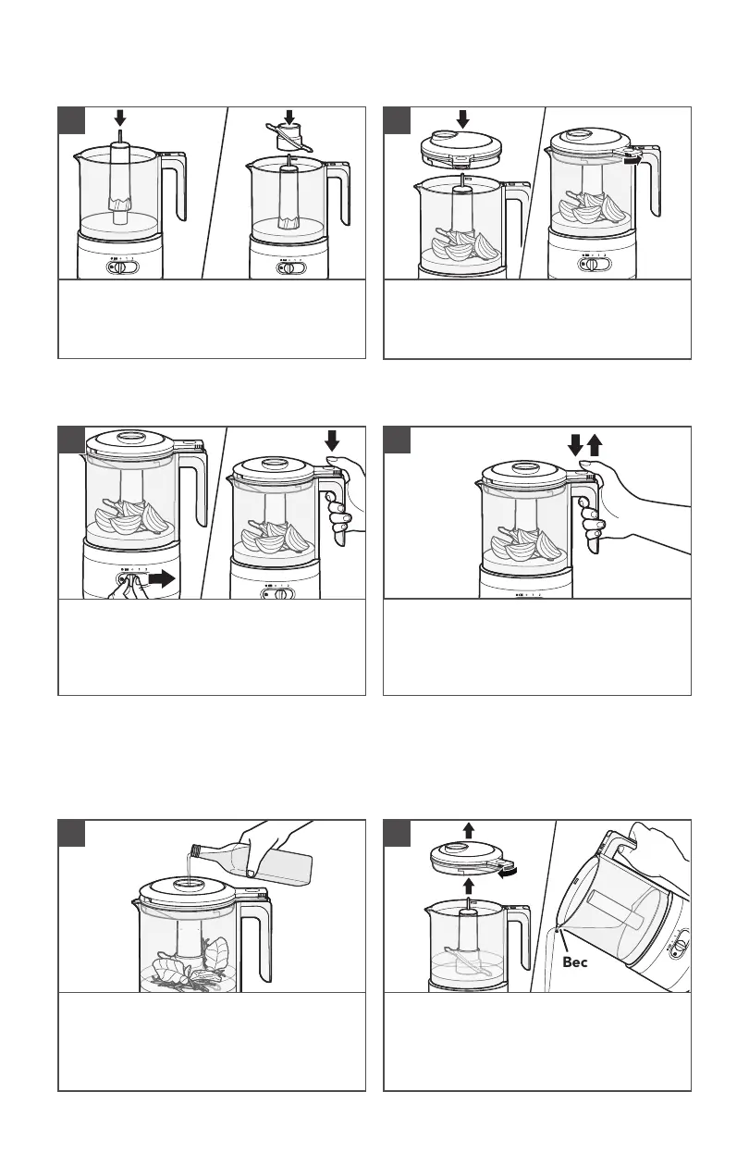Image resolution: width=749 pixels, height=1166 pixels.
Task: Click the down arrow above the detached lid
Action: tap(463, 118)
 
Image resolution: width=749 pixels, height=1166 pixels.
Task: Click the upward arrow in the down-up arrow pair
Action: tap(595, 445)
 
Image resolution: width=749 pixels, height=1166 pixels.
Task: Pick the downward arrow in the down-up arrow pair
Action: tap(574, 445)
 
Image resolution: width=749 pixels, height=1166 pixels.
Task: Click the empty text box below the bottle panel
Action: tap(211, 1041)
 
